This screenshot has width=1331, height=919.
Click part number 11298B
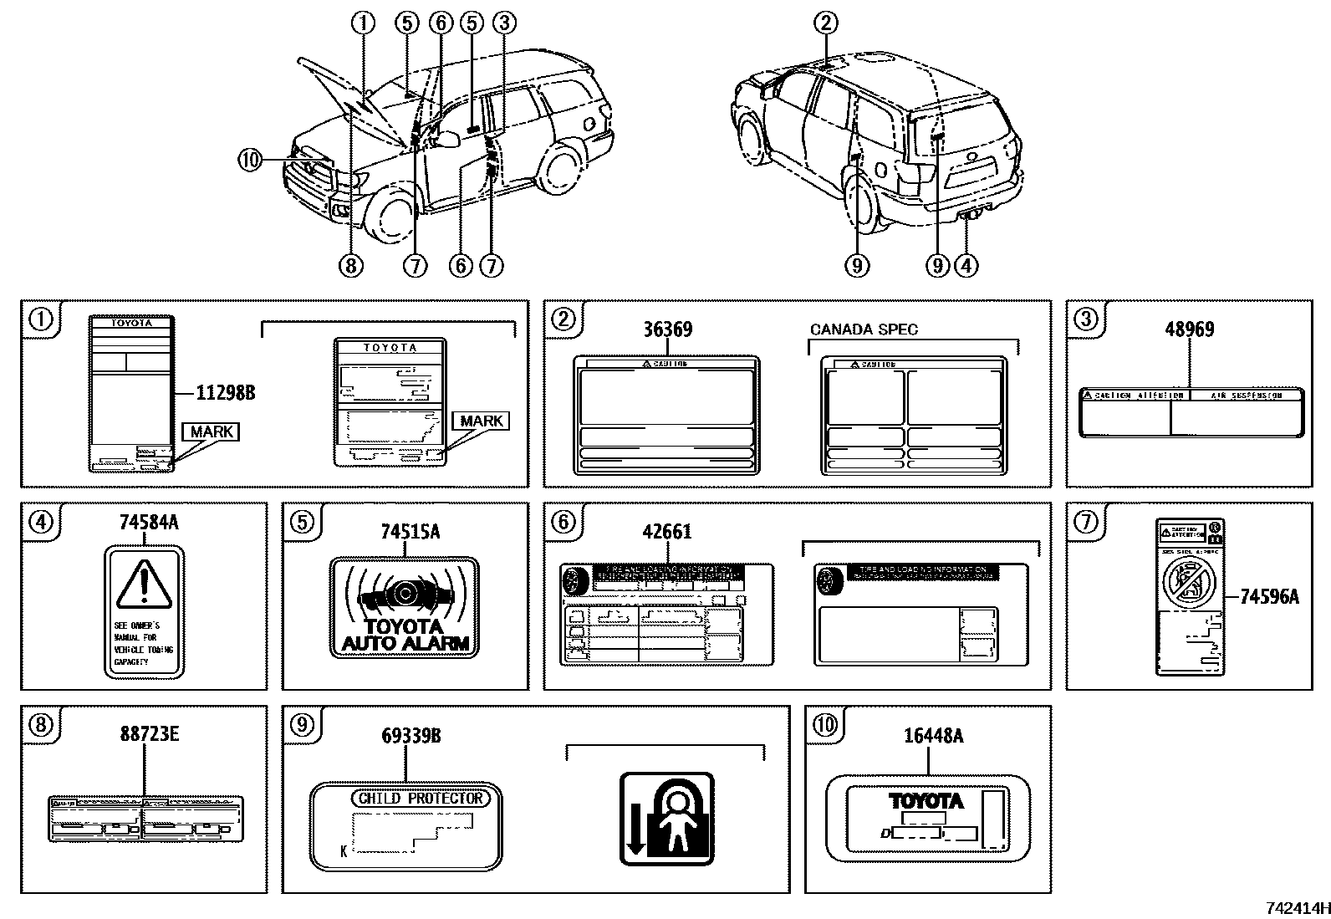click(225, 391)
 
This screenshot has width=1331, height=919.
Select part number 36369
click(667, 329)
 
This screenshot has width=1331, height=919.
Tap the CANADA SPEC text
click(864, 329)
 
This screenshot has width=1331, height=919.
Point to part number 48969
click(1189, 329)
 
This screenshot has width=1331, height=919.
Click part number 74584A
click(149, 523)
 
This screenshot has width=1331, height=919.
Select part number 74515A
click(410, 532)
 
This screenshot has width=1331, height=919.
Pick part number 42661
click(667, 532)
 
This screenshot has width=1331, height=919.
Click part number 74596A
click(1269, 596)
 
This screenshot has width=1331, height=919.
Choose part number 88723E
click(149, 735)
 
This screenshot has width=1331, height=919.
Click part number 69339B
click(411, 736)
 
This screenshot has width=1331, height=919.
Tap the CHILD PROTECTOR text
click(421, 798)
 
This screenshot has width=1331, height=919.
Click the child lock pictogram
click(666, 819)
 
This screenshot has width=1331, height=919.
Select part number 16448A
click(933, 736)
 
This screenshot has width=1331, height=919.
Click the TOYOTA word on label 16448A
click(926, 801)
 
